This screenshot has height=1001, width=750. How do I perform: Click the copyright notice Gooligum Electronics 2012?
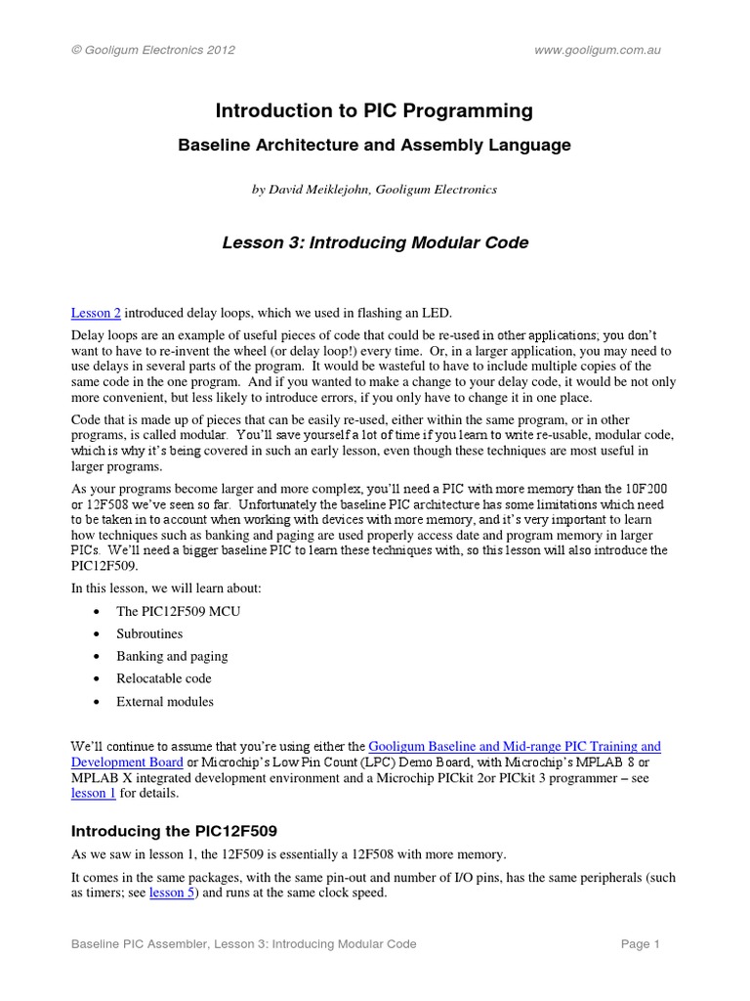point(153,49)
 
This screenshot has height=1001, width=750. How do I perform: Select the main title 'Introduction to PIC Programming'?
point(374,111)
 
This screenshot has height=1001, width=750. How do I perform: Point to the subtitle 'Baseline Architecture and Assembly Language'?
point(374,146)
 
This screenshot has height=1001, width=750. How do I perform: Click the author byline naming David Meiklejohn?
point(374,190)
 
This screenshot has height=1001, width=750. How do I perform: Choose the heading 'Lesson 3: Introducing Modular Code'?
point(374,243)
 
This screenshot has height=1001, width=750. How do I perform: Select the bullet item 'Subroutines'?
point(149,634)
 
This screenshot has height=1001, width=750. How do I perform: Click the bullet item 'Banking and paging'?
point(172,657)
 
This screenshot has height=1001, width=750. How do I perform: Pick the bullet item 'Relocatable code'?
point(164,678)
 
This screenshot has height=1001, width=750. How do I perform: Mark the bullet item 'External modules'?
point(165,702)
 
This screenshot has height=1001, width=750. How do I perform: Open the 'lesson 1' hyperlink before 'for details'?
point(94,794)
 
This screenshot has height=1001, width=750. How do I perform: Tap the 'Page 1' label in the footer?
point(642,944)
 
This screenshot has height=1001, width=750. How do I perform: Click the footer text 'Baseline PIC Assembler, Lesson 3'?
point(244,944)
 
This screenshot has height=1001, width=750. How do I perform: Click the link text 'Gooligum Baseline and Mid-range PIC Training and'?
point(514,746)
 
